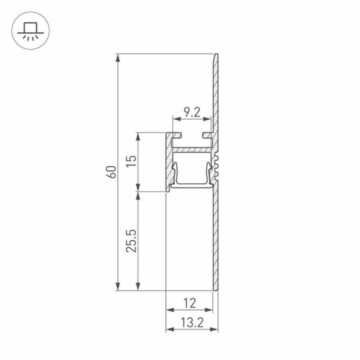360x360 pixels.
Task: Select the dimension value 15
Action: [131, 161]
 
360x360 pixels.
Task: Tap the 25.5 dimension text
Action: [131, 240]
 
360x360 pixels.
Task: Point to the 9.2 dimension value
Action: [191, 112]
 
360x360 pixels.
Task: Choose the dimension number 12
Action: [189, 303]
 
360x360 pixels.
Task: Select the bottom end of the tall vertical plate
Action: [215, 288]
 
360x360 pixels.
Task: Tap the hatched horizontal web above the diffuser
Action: [192, 149]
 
